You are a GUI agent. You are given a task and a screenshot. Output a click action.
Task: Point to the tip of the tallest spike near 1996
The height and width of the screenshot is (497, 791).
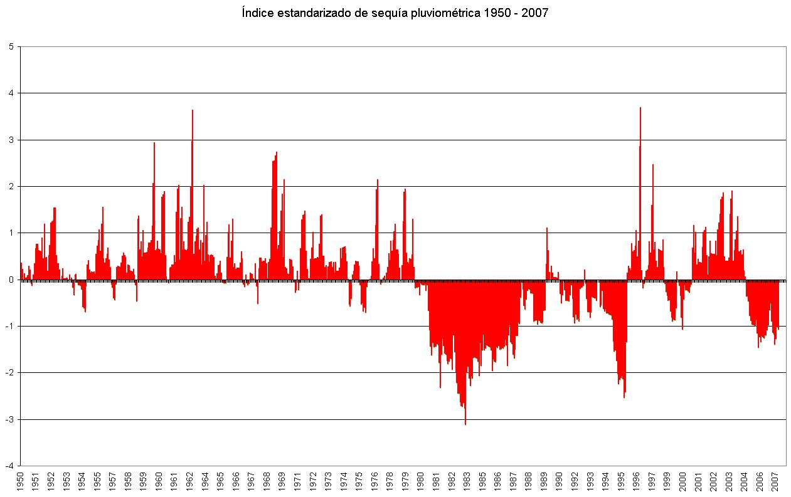click(x=640, y=108)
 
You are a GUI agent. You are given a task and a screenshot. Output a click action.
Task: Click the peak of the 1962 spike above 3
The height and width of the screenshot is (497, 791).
click(x=193, y=110)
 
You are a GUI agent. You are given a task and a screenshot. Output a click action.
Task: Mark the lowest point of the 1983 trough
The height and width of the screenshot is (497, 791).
click(x=465, y=424)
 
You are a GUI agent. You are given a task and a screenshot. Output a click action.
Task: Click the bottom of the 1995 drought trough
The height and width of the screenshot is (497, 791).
click(x=624, y=397)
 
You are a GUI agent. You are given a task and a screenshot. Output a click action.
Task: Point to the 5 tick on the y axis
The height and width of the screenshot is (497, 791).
click(x=11, y=46)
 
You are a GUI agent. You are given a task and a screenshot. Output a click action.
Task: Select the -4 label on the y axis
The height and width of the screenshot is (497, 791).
click(x=10, y=466)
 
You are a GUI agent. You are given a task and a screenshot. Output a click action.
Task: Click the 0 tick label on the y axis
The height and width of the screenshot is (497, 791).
click(x=11, y=280)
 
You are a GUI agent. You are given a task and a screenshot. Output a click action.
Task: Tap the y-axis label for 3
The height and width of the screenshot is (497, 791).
click(x=11, y=140)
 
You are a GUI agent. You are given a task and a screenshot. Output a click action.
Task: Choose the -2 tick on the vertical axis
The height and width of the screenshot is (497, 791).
click(x=10, y=373)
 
